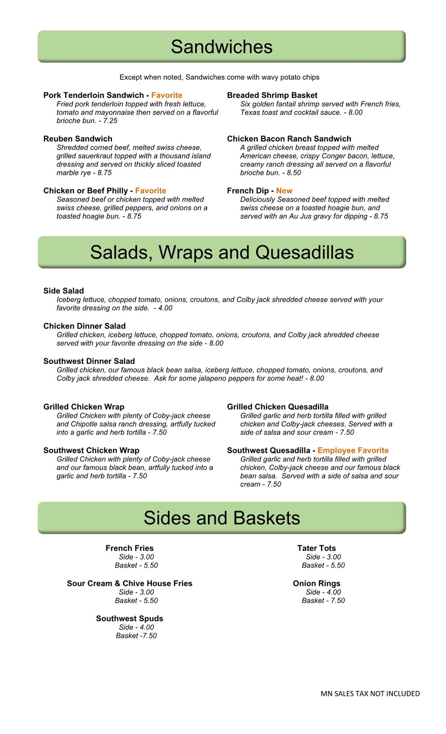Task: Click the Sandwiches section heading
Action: pyautogui.click(x=221, y=47)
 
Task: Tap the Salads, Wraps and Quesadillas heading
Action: pyautogui.click(x=221, y=252)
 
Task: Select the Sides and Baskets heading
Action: pyautogui.click(x=221, y=518)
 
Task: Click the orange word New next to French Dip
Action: pyautogui.click(x=284, y=191)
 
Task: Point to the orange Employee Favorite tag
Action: pyautogui.click(x=353, y=451)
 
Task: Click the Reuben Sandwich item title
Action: pyautogui.click(x=78, y=139)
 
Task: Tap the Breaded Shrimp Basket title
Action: pyautogui.click(x=272, y=95)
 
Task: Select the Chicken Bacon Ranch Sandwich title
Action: pyautogui.click(x=289, y=139)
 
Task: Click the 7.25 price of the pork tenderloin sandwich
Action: pyautogui.click(x=110, y=121)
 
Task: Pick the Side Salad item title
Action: pyautogui.click(x=64, y=291)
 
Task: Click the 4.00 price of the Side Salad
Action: pyautogui.click(x=165, y=308)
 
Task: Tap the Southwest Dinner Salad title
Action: pyautogui.click(x=89, y=361)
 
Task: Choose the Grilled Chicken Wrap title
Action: pyautogui.click(x=84, y=407)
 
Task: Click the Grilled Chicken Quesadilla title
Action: pyautogui.click(x=277, y=407)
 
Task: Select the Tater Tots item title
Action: pyautogui.click(x=316, y=548)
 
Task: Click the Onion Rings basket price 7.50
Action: pyautogui.click(x=338, y=601)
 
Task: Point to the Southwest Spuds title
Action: pyautogui.click(x=130, y=619)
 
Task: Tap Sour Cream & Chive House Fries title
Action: pyautogui.click(x=130, y=583)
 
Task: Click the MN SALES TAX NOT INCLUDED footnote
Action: pyautogui.click(x=370, y=694)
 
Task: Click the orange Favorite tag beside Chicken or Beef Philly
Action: pyautogui.click(x=150, y=191)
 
